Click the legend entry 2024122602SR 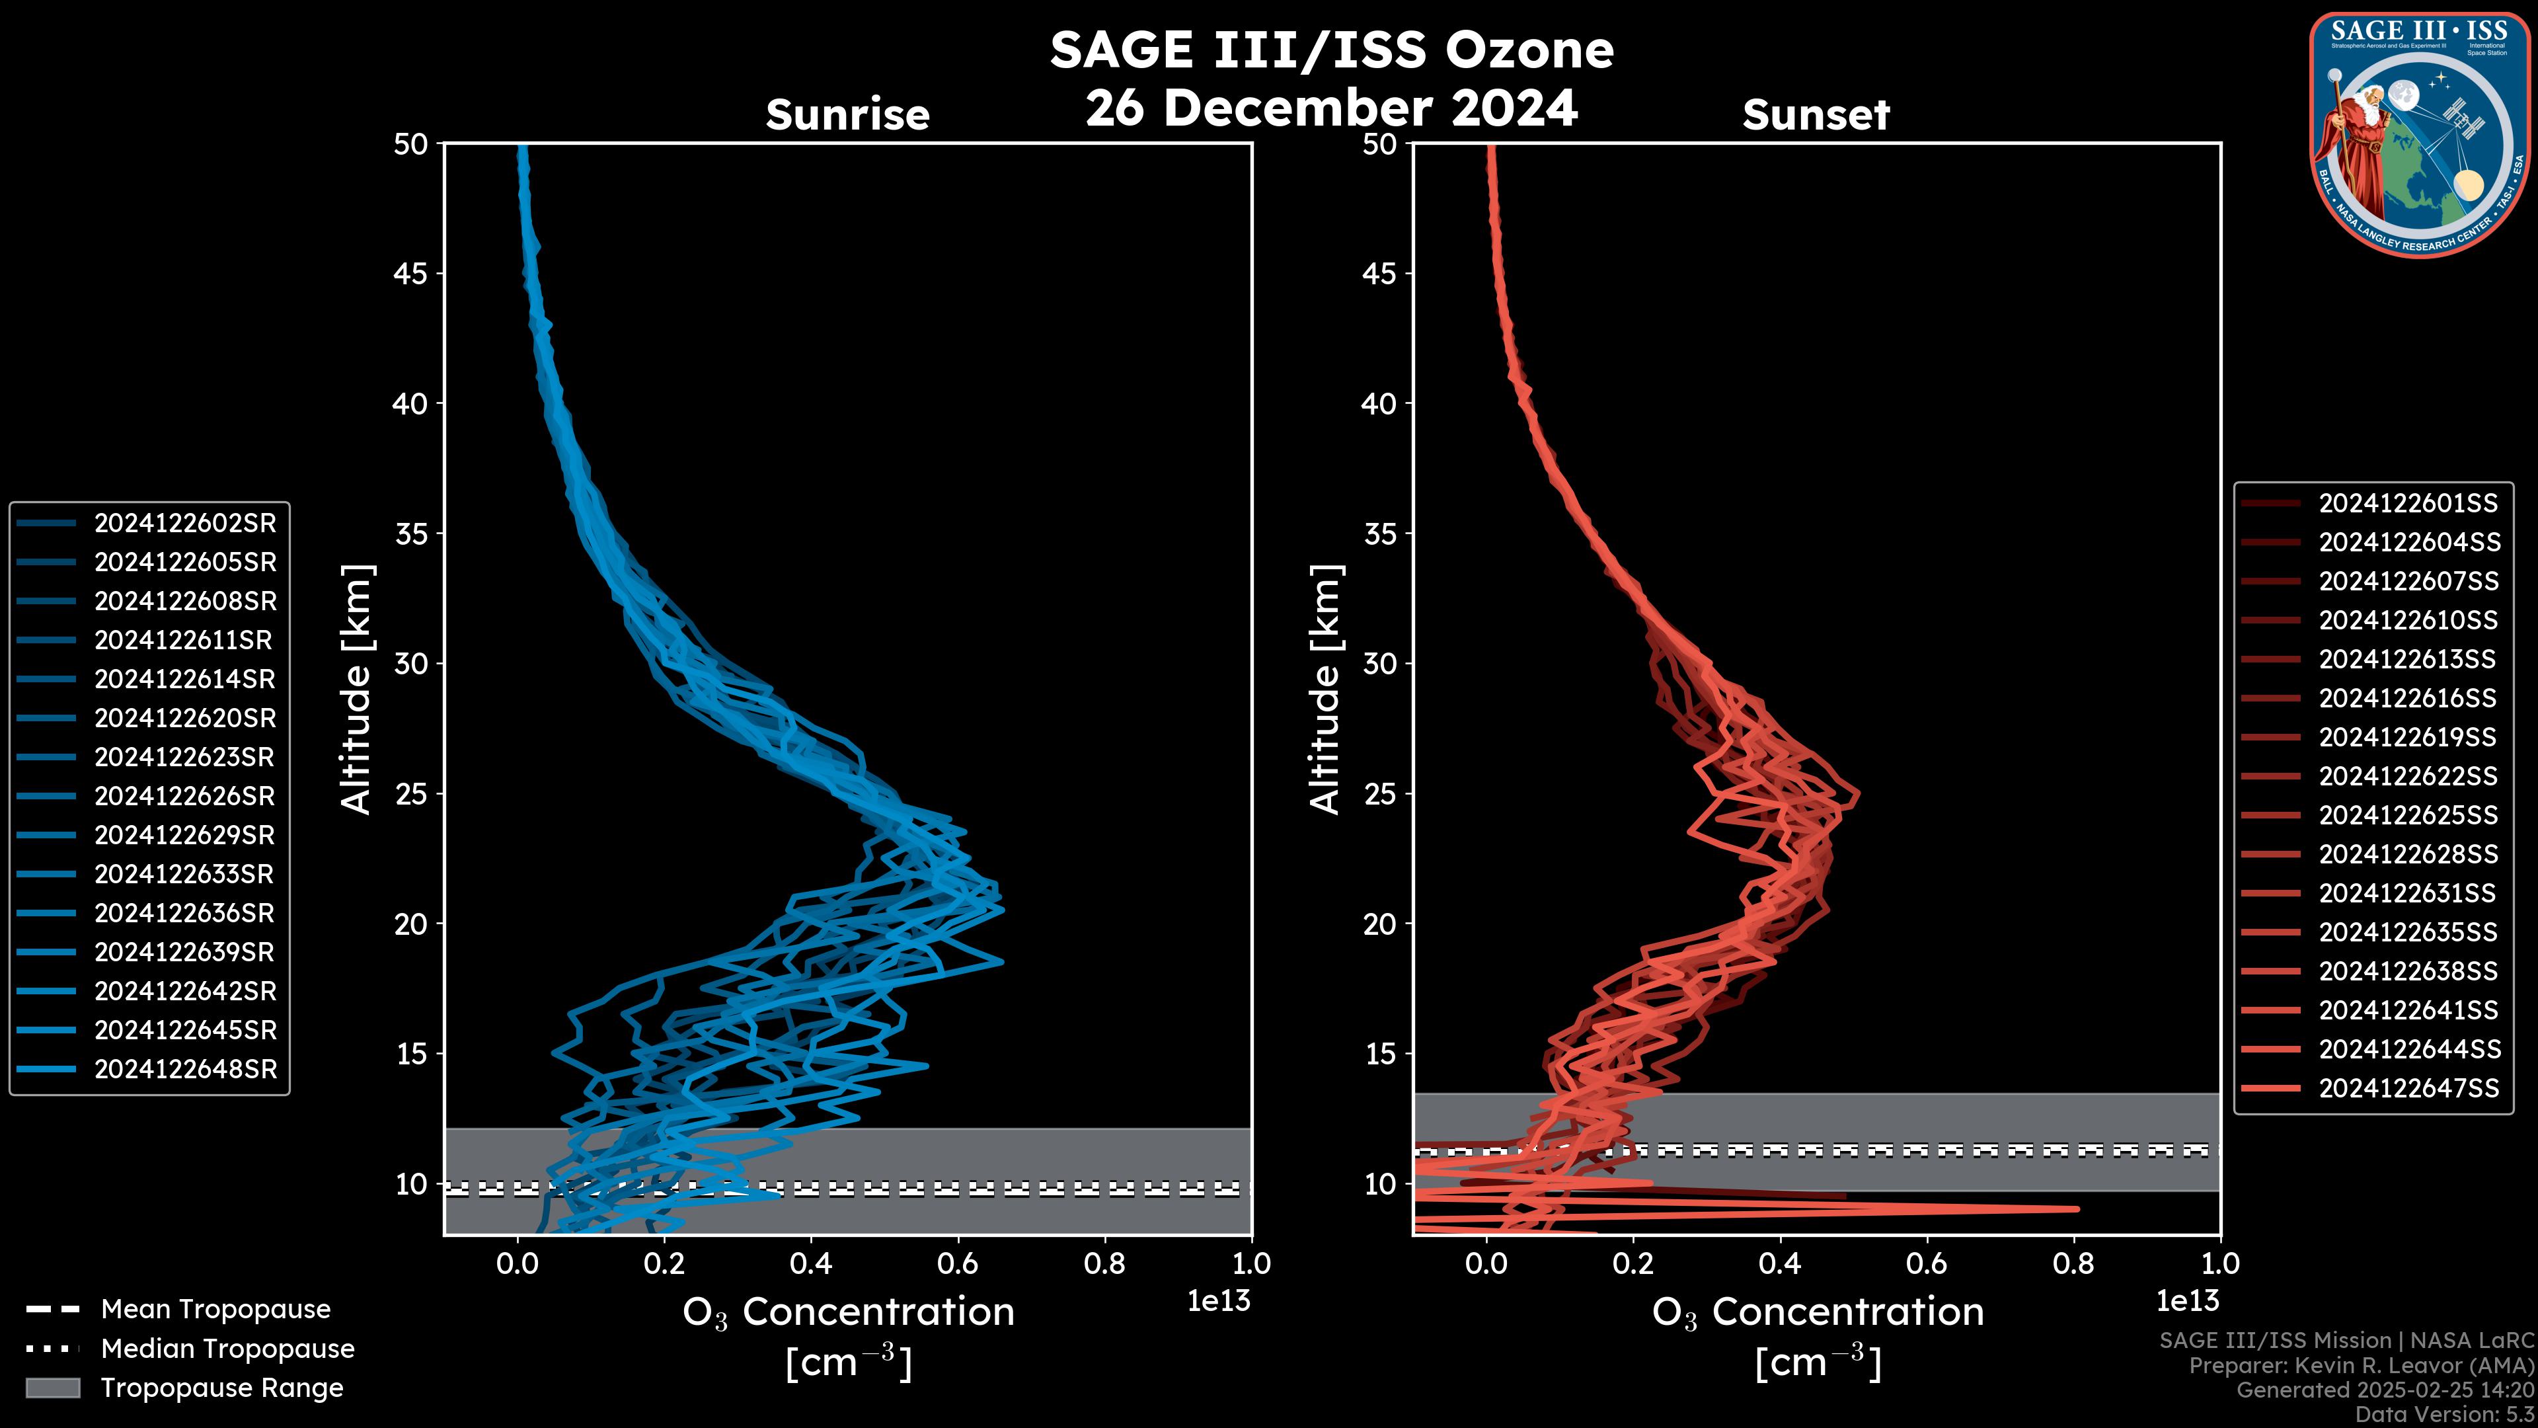tap(185, 524)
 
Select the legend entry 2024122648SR tap(185, 1069)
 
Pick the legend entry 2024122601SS tap(2408, 504)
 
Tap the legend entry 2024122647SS tap(2408, 1088)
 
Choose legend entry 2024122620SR tap(185, 719)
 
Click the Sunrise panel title tap(847, 115)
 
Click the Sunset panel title tap(1816, 115)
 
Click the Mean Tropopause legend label tap(215, 1310)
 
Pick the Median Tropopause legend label tap(227, 1349)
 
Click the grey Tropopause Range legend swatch tap(52, 1388)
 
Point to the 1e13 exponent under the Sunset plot tap(2187, 1301)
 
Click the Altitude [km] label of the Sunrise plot tap(356, 689)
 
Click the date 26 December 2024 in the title tap(1331, 108)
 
